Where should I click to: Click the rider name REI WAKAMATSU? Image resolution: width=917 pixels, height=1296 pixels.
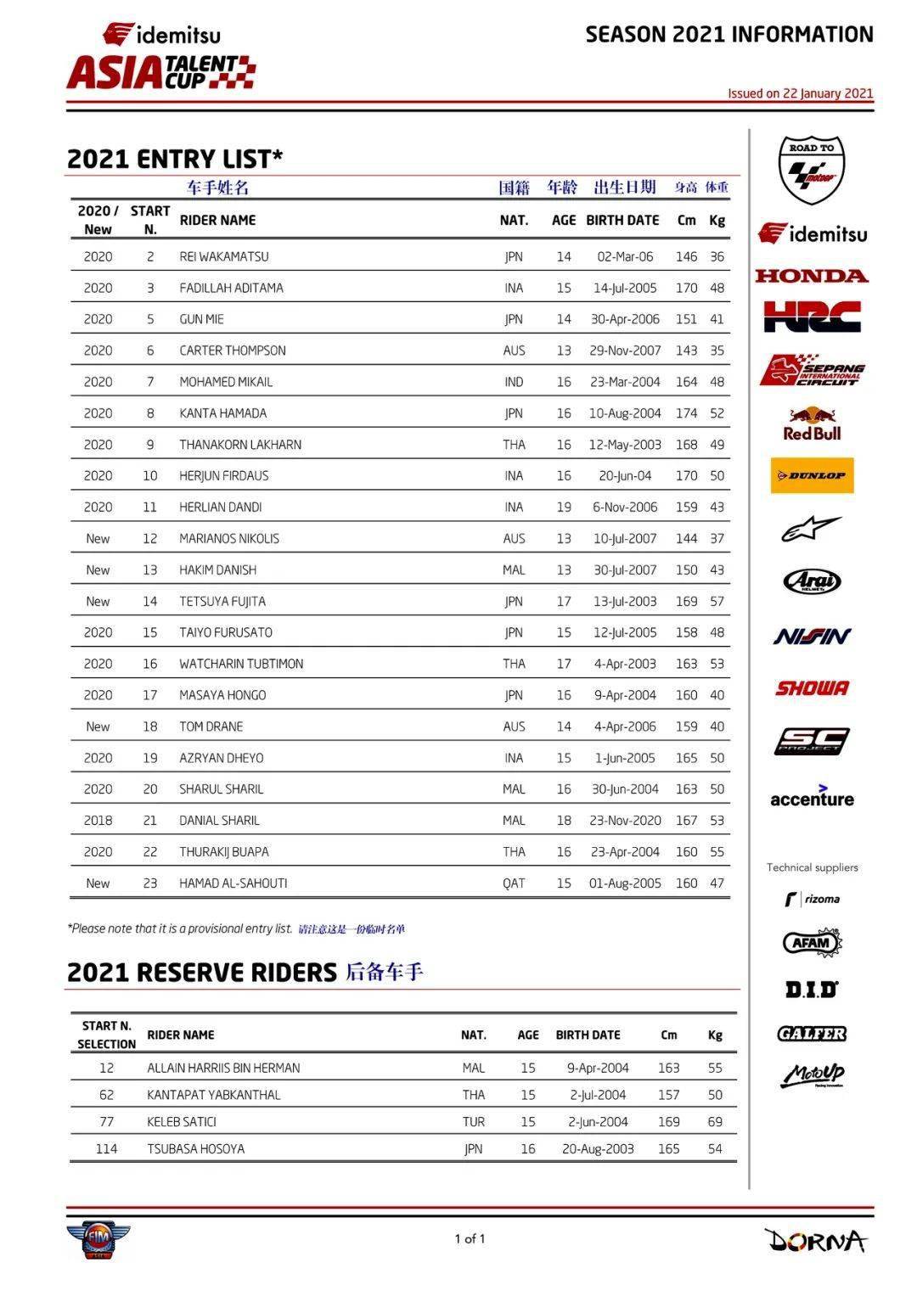[x=223, y=256]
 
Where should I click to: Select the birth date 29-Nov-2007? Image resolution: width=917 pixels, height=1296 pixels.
[x=625, y=351]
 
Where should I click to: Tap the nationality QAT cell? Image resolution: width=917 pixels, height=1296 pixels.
[x=514, y=883]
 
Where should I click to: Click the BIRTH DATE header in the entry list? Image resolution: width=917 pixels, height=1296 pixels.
[x=622, y=220]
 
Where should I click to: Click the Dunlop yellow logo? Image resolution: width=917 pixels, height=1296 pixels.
[x=812, y=475]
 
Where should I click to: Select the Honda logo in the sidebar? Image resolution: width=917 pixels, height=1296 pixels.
[x=811, y=276]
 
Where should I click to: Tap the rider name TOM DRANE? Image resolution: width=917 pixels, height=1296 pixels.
[x=211, y=727]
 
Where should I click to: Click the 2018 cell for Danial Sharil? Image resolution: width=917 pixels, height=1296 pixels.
[x=98, y=821]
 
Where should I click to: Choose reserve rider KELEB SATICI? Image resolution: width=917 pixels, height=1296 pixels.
[x=182, y=1122]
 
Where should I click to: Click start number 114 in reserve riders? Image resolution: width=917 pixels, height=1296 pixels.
[x=106, y=1149]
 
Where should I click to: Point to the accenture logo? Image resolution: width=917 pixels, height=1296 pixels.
[x=812, y=798]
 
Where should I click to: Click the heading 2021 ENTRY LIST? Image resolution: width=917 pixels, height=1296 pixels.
[x=175, y=160]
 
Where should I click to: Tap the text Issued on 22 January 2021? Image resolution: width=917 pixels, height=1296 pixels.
[x=800, y=94]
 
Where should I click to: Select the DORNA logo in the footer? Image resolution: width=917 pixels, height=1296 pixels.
[x=815, y=1241]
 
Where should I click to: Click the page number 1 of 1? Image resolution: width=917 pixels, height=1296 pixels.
[x=470, y=1239]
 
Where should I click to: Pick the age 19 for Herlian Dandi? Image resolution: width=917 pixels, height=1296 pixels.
[x=564, y=508]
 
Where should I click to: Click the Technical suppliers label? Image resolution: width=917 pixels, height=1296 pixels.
[x=812, y=867]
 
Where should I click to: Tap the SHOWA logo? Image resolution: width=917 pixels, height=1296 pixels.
[x=812, y=688]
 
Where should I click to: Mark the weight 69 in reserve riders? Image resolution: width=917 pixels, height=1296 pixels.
[x=715, y=1122]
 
